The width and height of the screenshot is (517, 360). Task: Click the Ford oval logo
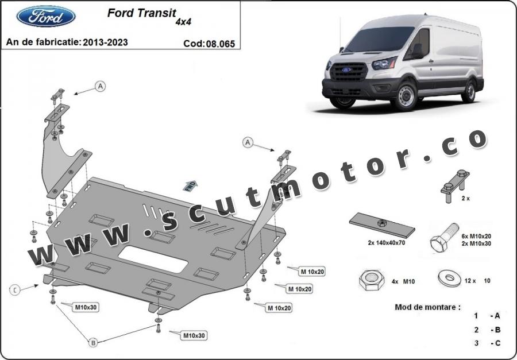pos(46,16)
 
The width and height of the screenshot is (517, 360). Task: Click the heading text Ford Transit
pos(142,13)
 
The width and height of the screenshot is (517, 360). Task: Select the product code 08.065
pos(220,44)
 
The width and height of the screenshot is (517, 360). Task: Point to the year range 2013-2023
pos(105,42)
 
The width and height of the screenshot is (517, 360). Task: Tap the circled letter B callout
pos(93,343)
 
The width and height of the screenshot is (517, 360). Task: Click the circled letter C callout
pos(15,290)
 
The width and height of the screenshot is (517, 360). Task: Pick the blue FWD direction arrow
pos(190,186)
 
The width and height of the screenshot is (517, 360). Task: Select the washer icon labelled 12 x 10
pos(450,278)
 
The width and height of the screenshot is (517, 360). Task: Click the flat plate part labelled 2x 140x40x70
pos(382,225)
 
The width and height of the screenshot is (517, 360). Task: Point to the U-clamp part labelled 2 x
pos(456,186)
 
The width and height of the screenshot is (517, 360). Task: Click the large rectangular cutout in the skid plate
pos(153,260)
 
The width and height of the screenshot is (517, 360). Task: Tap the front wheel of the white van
pos(405,96)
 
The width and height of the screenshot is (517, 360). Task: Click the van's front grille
pos(349,72)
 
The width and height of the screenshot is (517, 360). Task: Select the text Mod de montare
pos(427,307)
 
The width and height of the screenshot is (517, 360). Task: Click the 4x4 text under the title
pos(183,22)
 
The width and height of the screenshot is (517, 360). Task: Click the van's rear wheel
pos(469,91)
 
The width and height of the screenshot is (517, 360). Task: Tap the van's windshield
pos(379,39)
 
